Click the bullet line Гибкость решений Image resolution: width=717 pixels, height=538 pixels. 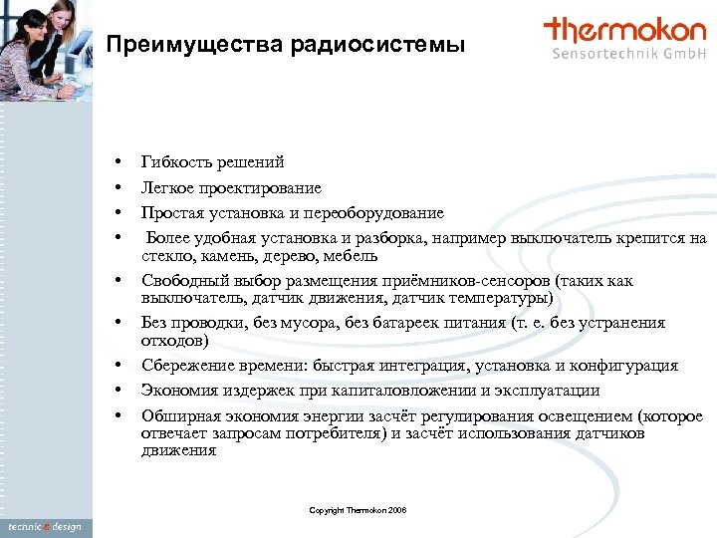[x=212, y=162]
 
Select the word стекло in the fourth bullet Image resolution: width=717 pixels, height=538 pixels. [x=165, y=256]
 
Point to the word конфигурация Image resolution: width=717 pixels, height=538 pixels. [x=623, y=366]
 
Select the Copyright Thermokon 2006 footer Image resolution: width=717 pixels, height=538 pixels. [x=358, y=511]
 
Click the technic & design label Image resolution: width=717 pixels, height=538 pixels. [x=46, y=527]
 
